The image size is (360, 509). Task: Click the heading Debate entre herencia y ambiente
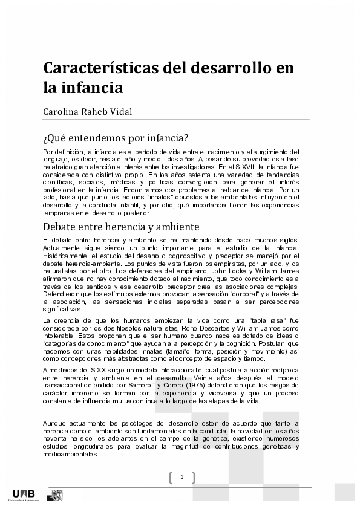coord(121,227)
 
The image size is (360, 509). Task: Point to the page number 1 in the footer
coord(182,478)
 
